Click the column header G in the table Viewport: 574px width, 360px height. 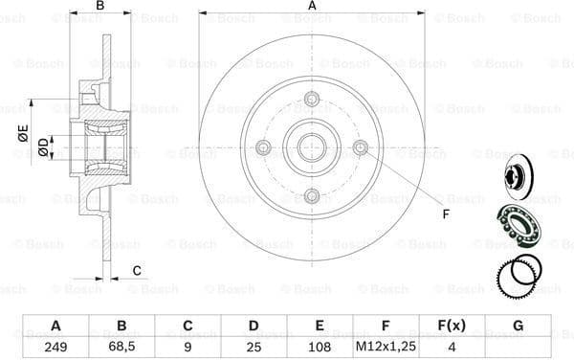(518, 326)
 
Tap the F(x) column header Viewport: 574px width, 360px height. (453, 326)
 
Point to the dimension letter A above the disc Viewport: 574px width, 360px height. (312, 7)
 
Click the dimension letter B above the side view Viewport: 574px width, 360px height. (99, 7)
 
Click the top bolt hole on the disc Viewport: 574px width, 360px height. (312, 99)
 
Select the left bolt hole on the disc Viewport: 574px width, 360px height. (263, 146)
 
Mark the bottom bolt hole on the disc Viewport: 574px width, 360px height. (312, 195)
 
